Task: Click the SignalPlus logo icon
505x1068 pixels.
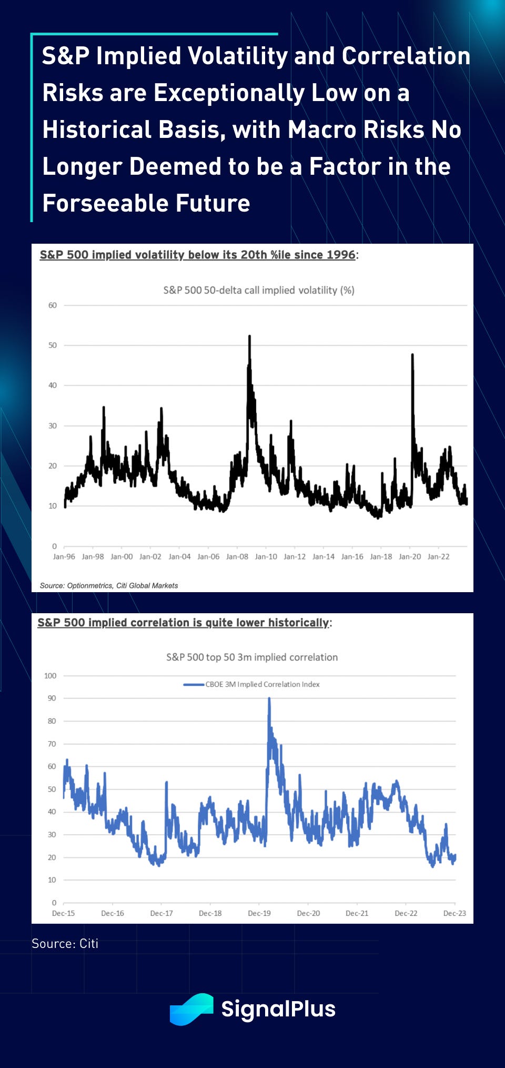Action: click(x=191, y=1010)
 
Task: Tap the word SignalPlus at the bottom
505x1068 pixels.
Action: click(x=278, y=1009)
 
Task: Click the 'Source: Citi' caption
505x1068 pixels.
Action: click(x=65, y=943)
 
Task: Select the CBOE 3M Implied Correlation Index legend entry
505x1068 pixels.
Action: click(x=262, y=684)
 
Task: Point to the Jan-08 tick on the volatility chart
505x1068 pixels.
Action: click(x=237, y=556)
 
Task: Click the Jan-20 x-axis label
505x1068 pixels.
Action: click(x=410, y=556)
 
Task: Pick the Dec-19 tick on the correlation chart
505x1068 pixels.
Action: click(x=259, y=913)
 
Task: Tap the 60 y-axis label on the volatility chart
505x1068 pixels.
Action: click(x=53, y=305)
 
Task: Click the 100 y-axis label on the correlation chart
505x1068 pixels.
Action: click(x=50, y=676)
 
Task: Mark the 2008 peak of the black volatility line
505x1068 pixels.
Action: click(x=249, y=336)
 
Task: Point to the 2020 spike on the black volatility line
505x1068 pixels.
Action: click(x=412, y=355)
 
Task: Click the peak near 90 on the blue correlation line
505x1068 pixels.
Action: click(x=269, y=698)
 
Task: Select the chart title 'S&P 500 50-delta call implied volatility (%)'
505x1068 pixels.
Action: click(x=259, y=290)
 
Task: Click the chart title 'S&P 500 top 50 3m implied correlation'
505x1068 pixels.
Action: click(x=252, y=657)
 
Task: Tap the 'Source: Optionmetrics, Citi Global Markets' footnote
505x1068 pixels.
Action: click(x=109, y=585)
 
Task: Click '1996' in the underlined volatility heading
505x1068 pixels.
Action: click(x=341, y=255)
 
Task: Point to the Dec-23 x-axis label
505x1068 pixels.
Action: click(x=454, y=913)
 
